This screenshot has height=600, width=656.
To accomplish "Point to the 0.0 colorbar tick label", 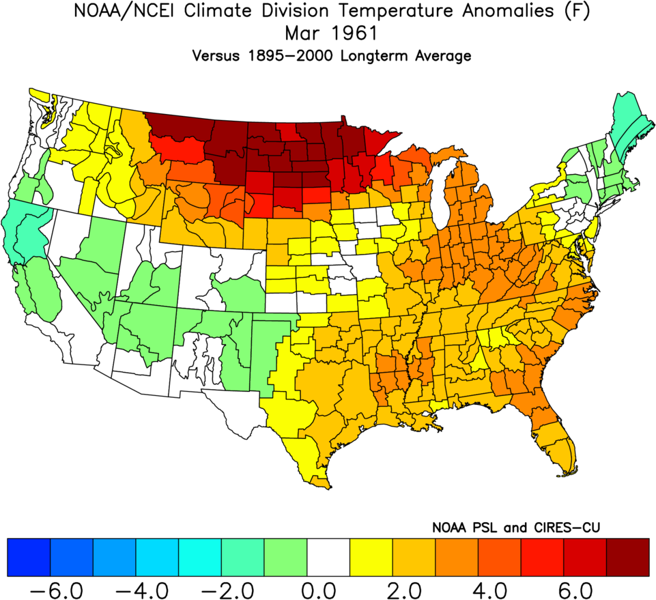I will (x=328, y=586).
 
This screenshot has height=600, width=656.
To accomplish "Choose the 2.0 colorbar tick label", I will (x=414, y=586).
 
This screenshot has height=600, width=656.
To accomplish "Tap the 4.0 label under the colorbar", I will (x=499, y=586).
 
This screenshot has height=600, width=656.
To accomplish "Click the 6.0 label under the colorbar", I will (x=585, y=586).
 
